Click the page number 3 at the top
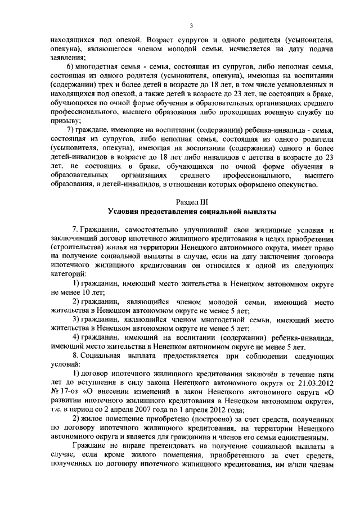[191, 25]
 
